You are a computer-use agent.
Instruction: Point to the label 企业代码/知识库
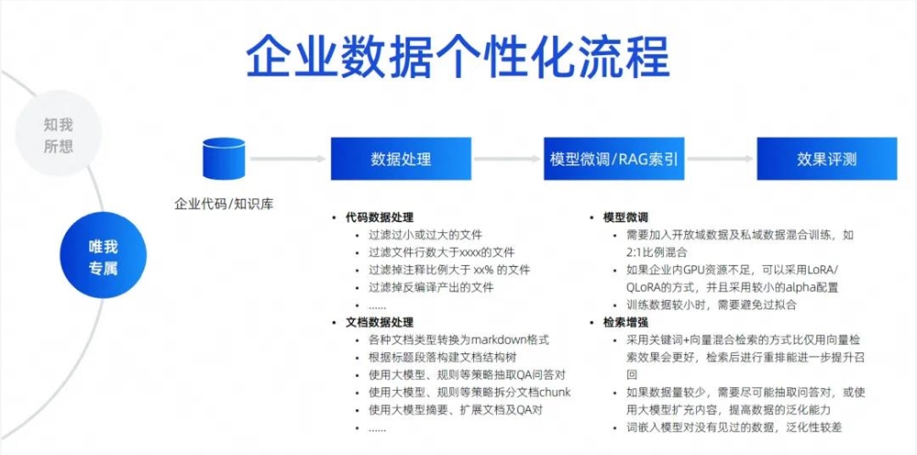point(224,204)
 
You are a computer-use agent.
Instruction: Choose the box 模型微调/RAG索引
point(614,159)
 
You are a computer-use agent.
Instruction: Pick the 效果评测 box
point(826,159)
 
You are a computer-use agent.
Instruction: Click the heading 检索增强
point(625,322)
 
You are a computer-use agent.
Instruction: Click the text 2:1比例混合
point(657,252)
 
